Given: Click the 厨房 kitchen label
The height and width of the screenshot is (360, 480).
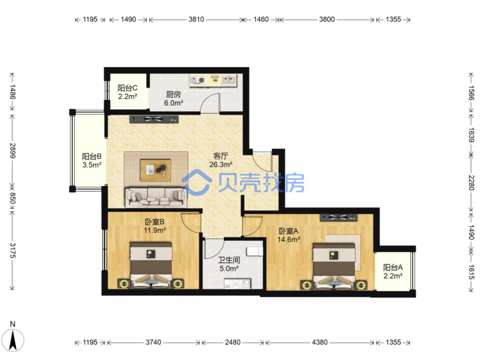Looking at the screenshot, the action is pos(173,94).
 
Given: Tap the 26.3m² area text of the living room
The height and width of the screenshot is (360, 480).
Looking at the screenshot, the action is pos(221,164).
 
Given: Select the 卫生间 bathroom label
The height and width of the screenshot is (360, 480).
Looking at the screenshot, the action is pos(229,260).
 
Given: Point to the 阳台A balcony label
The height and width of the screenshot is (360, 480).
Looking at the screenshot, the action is pos(393,267).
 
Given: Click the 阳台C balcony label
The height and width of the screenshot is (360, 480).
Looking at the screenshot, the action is pos(127,88).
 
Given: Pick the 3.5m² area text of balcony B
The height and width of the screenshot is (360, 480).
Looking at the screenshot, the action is pos(92,165).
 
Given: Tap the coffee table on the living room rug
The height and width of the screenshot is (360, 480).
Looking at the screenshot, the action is pos(156,170).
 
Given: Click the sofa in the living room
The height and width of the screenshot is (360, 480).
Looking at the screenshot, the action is pos(156,197).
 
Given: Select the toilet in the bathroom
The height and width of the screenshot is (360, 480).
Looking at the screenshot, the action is pos(255,251).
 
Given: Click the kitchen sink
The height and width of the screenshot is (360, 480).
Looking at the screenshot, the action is pos(229,80).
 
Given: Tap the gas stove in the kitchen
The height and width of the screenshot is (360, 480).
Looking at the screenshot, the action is pos(197,80).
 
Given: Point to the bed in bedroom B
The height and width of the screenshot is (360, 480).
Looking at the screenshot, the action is pos(151,265).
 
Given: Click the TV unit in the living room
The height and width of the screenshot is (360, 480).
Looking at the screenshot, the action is pos(154,119).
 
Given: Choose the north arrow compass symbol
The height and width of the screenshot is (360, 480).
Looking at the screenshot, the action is pos(13,340).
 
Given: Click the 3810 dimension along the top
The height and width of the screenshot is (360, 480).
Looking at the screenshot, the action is pos(196,19).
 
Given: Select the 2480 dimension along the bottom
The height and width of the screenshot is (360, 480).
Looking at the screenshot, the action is pos(232,342).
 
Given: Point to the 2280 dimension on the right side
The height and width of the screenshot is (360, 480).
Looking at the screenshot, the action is pos(471,183).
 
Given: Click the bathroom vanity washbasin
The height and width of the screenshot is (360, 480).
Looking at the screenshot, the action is pos(237,283).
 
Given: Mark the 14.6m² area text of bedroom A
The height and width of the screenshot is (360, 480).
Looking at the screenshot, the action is pos(289,239).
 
